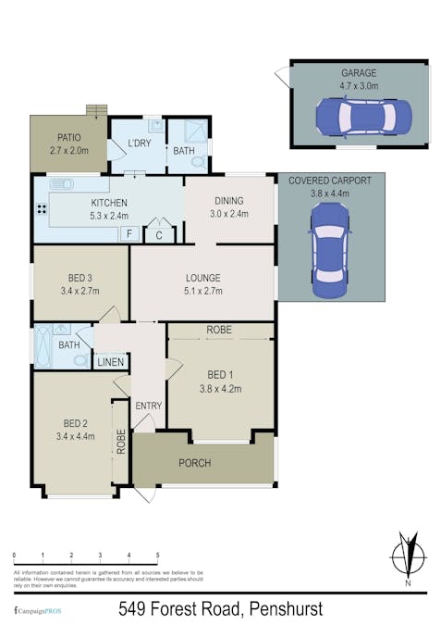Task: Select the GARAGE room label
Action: click(359, 71)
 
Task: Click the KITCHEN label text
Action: click(108, 203)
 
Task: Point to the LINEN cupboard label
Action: click(111, 361)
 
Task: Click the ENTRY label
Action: click(148, 406)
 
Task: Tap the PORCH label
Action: click(194, 463)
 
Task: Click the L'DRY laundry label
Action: click(140, 143)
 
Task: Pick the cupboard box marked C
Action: click(159, 235)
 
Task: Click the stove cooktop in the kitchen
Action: click(42, 208)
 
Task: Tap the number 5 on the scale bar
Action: click(158, 556)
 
